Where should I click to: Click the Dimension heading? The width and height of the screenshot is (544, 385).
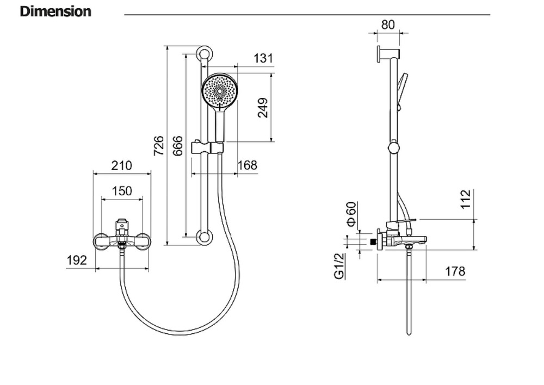click(x=55, y=11)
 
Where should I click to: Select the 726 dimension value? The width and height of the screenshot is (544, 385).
click(x=159, y=146)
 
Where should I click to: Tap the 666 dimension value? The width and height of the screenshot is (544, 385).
click(x=177, y=146)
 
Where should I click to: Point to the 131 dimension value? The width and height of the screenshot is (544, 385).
click(x=263, y=58)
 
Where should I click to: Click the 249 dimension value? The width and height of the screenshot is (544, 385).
click(x=263, y=108)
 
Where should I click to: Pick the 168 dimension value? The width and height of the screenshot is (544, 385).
click(x=248, y=165)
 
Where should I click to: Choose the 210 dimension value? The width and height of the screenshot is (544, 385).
click(x=122, y=165)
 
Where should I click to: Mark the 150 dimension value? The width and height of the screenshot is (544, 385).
click(x=122, y=191)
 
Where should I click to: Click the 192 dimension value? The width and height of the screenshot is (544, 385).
click(x=77, y=260)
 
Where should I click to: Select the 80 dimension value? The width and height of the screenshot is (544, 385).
click(x=388, y=25)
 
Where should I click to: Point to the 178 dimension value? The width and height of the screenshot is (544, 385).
click(x=455, y=271)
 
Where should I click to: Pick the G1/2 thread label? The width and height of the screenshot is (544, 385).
click(x=339, y=266)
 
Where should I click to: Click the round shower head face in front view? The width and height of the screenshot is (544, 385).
click(x=220, y=91)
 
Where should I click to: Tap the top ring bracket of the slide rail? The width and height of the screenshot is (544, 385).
click(x=205, y=55)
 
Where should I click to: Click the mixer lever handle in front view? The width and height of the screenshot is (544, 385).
click(x=123, y=222)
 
